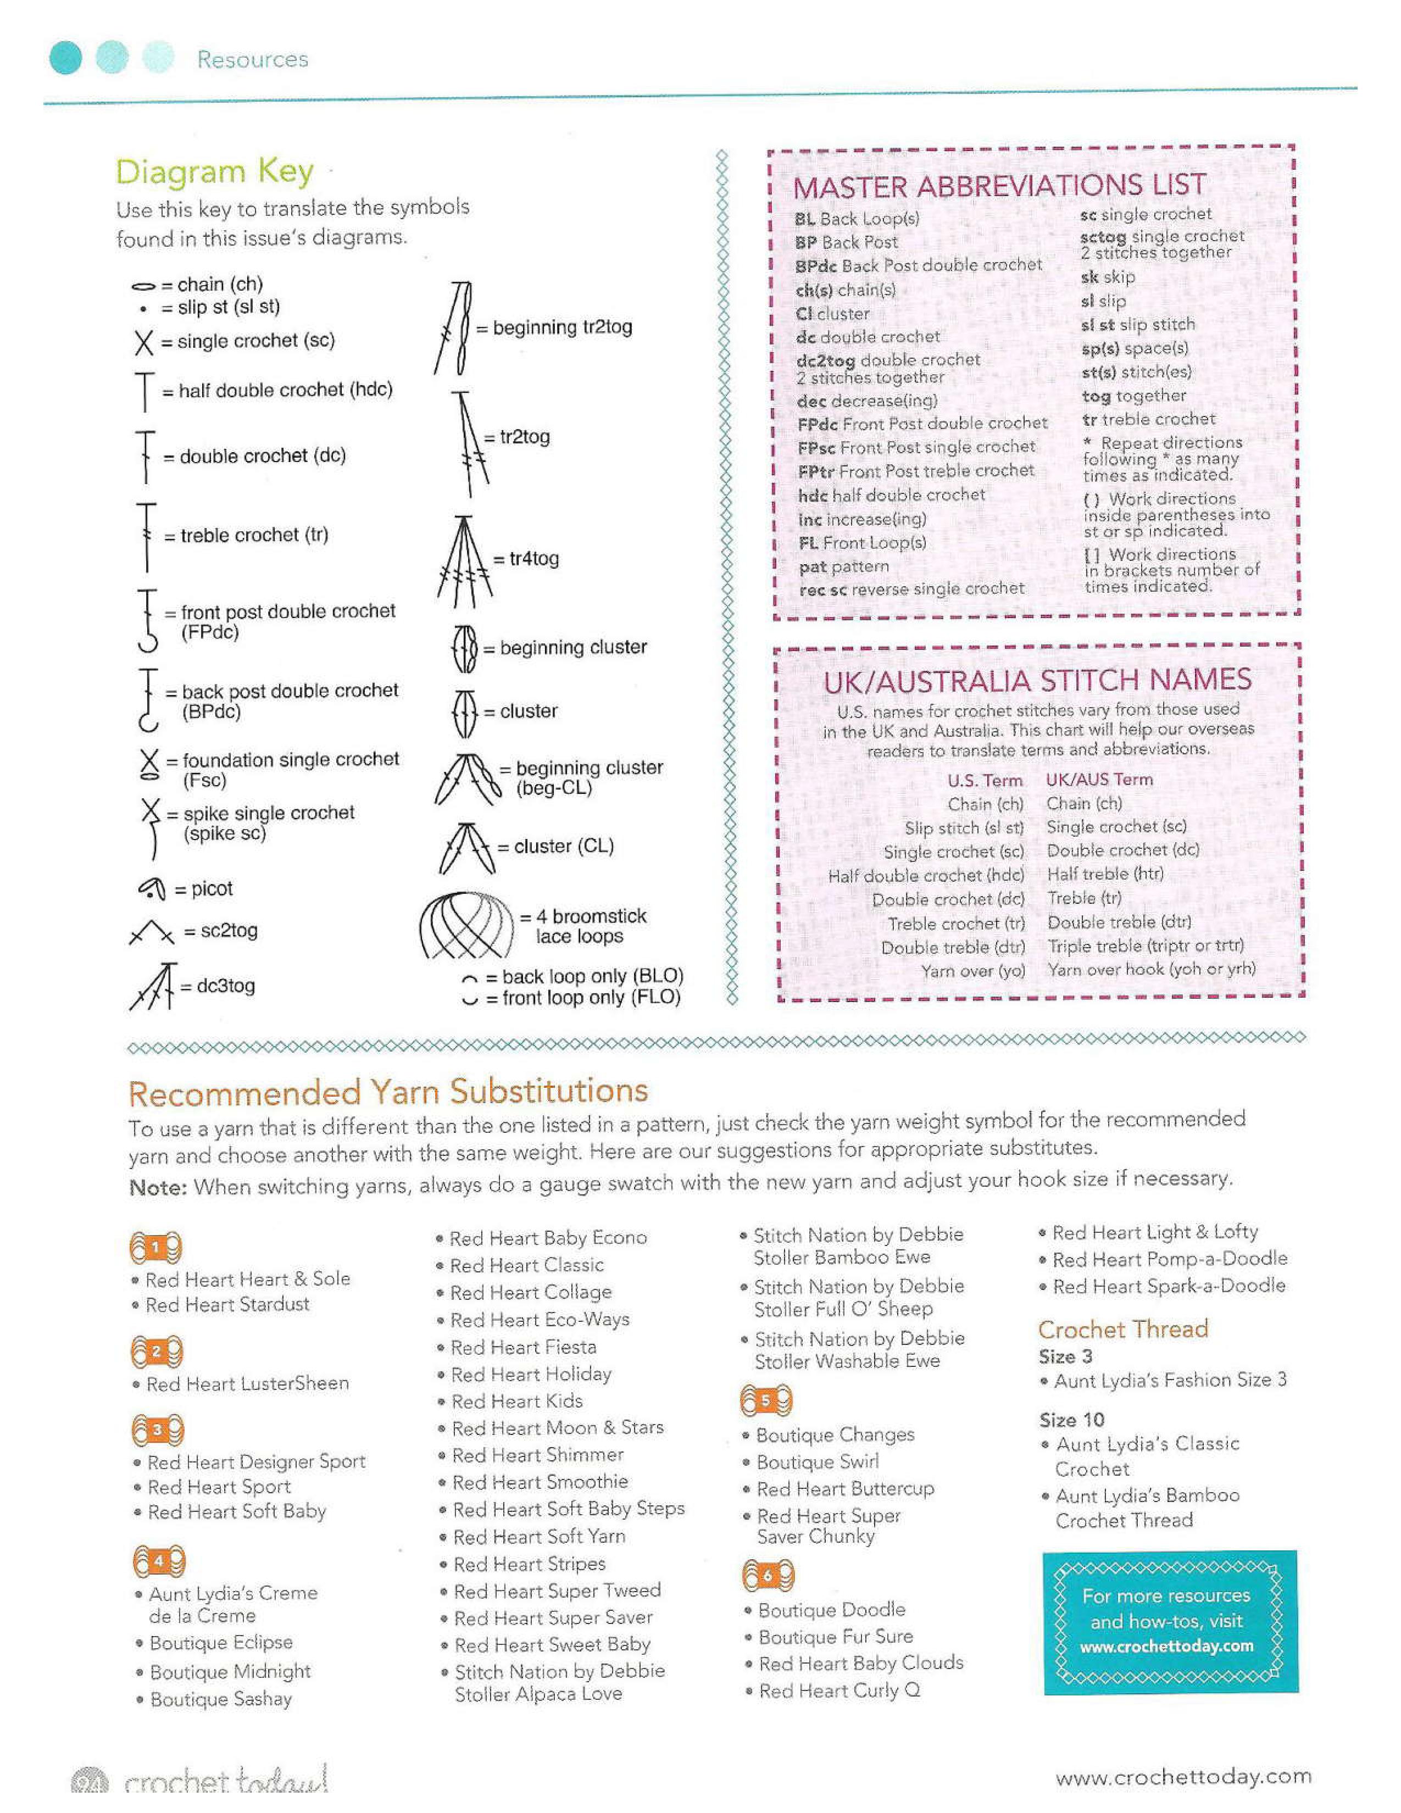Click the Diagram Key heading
click(x=214, y=172)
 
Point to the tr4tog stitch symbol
click(x=464, y=558)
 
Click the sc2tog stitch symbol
click(x=152, y=932)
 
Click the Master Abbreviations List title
click(x=998, y=186)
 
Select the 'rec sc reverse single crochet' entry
click(x=911, y=589)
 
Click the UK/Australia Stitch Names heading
click(x=1037, y=681)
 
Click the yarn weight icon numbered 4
click(x=158, y=1561)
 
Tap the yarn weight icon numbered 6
click(x=767, y=1575)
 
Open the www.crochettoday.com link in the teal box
click(x=1166, y=1645)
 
